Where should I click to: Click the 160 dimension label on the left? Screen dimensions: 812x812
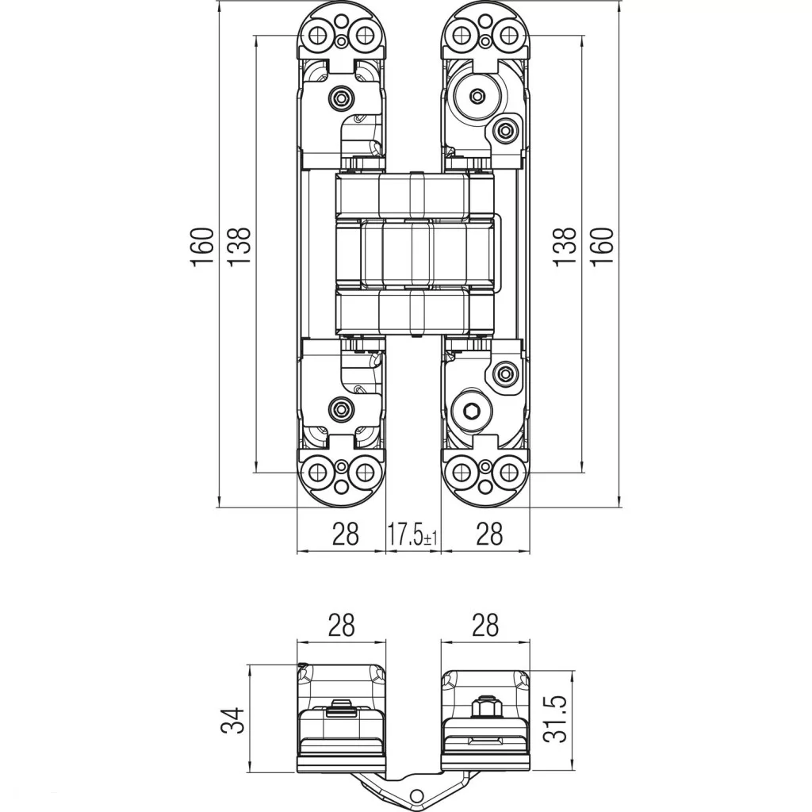[x=202, y=247]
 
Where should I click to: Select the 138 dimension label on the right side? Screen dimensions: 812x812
[x=565, y=247]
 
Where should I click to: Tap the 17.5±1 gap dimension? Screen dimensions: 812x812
[x=412, y=534]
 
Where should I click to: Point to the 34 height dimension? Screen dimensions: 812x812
[x=232, y=720]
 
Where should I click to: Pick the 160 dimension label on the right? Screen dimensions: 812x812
[x=603, y=247]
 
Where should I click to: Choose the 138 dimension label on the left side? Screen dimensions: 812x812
[x=239, y=247]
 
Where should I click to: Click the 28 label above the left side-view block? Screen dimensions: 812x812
[x=343, y=625]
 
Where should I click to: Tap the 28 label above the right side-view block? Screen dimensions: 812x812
[x=485, y=625]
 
